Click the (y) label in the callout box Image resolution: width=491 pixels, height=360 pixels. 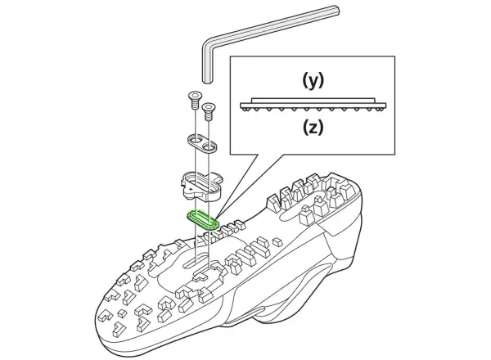(313, 81)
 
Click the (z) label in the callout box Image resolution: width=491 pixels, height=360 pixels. (313, 127)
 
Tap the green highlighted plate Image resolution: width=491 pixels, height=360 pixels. (203, 220)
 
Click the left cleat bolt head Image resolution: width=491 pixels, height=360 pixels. (196, 95)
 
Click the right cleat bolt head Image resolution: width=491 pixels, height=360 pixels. (208, 107)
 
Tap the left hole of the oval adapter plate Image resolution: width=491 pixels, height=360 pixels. (196, 138)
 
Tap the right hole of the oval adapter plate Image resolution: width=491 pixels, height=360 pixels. (209, 146)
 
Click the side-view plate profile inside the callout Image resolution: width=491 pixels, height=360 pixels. (313, 105)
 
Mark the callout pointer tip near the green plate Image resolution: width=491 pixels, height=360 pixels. (214, 216)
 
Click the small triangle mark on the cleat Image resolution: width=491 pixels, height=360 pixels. (190, 189)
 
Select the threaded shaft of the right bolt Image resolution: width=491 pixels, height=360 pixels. (209, 116)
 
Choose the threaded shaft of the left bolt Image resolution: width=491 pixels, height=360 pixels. (196, 104)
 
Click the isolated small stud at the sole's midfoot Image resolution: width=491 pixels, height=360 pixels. (277, 242)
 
